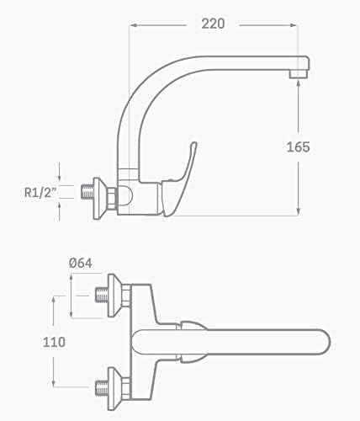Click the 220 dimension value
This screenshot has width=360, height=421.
pyautogui.click(x=213, y=24)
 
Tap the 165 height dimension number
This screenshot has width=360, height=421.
pyautogui.click(x=298, y=147)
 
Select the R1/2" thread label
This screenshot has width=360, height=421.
pyautogui.click(x=40, y=193)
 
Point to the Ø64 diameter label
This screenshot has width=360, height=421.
pyautogui.click(x=81, y=263)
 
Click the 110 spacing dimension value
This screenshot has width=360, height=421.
pyautogui.click(x=54, y=342)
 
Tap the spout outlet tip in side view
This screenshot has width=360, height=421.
pyautogui.click(x=299, y=74)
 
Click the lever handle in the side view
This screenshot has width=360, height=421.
pyautogui.click(x=179, y=179)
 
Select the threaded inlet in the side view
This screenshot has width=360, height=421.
pyautogui.click(x=87, y=192)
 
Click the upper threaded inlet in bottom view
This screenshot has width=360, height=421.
pyautogui.click(x=102, y=295)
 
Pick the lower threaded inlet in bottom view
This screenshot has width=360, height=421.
pyautogui.click(x=102, y=387)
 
